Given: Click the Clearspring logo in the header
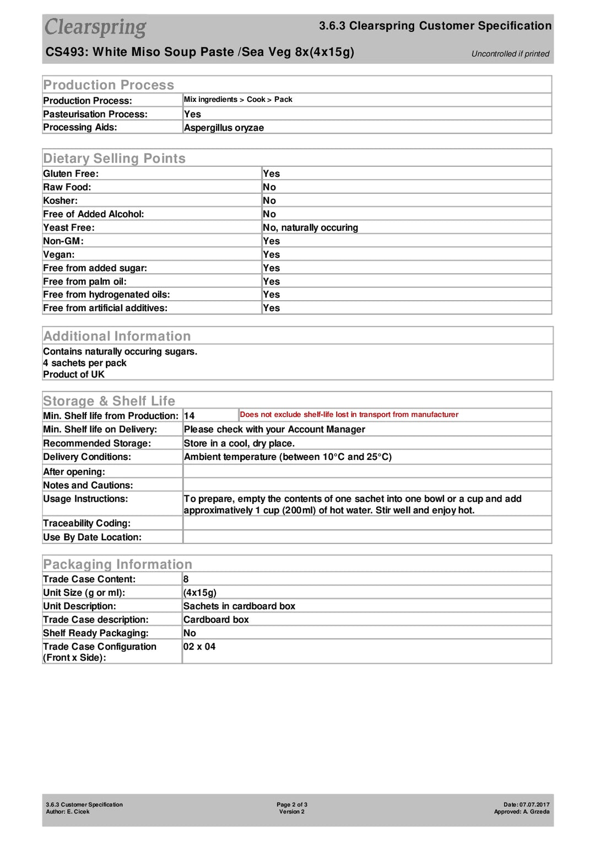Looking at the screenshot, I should click(x=95, y=27).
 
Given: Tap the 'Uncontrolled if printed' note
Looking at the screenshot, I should click(x=510, y=54).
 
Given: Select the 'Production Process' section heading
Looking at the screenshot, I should click(x=109, y=85).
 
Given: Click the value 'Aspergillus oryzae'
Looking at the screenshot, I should click(x=224, y=128).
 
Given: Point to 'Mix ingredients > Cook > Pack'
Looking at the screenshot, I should click(x=238, y=100).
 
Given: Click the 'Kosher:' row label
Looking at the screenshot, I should click(x=61, y=201).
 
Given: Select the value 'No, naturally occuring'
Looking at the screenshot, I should click(x=310, y=228).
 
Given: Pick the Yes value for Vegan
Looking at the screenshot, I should click(x=271, y=255).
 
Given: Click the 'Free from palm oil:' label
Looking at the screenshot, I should click(x=85, y=281).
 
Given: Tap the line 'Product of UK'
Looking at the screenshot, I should click(x=74, y=375).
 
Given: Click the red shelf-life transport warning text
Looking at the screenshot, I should click(x=349, y=415).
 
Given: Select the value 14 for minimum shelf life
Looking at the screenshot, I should click(x=190, y=416).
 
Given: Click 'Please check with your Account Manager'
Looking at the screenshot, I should click(x=274, y=430).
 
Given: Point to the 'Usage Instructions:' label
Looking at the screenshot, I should click(x=85, y=499).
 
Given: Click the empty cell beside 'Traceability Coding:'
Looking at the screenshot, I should click(x=366, y=523).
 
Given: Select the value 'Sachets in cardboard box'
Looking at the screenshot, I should click(x=239, y=606).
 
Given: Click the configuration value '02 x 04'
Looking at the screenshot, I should click(x=199, y=647).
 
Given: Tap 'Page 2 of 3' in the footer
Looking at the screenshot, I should click(x=292, y=805).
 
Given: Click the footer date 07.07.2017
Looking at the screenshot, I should click(x=534, y=805).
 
